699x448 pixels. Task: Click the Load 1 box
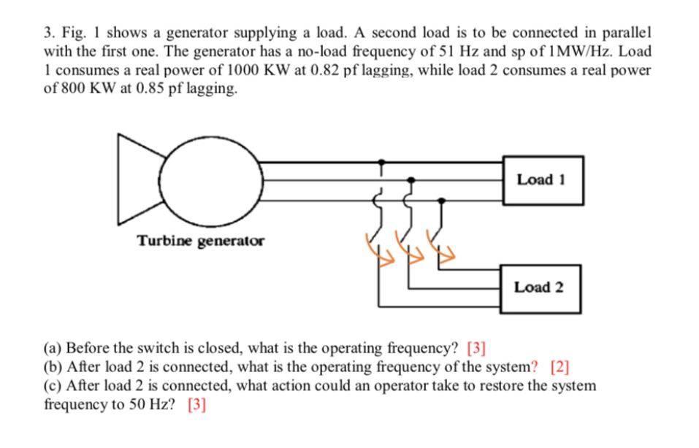(x=541, y=179)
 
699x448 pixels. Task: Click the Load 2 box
(x=538, y=287)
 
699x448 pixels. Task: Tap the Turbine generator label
(x=201, y=241)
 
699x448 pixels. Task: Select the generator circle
(x=213, y=178)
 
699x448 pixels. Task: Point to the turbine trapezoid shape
(x=139, y=178)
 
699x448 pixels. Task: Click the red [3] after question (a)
(x=476, y=348)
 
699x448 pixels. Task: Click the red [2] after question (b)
(x=559, y=366)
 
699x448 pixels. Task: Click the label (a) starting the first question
(x=53, y=348)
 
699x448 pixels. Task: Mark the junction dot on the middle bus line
(x=411, y=179)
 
